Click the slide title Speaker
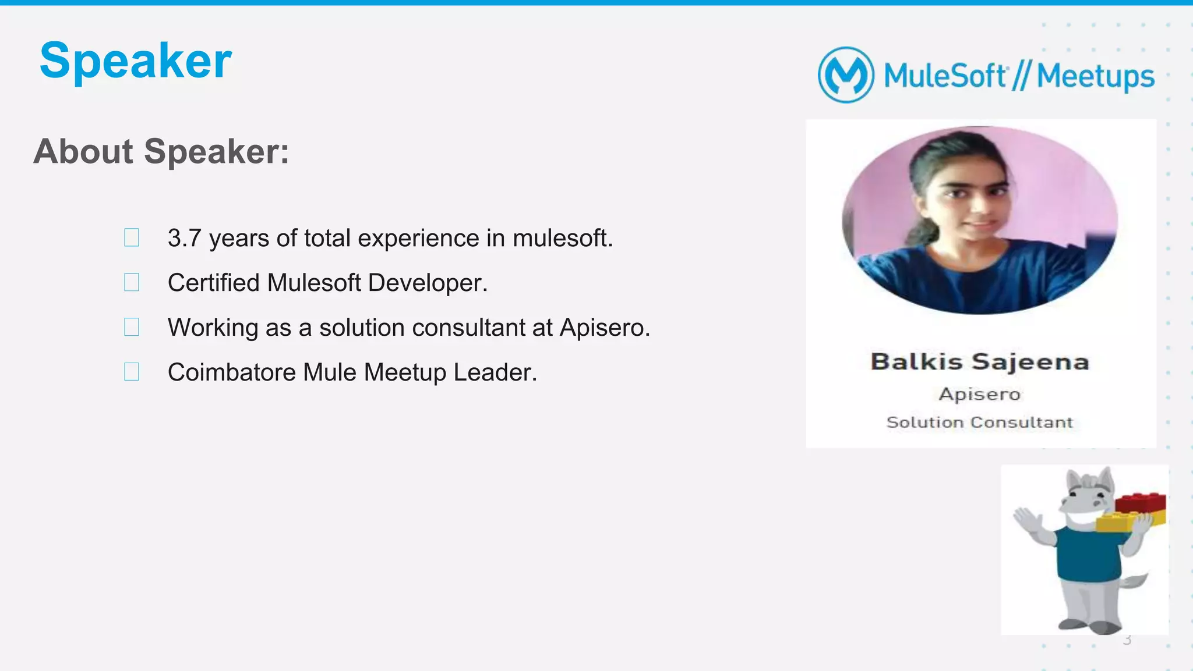point(135,61)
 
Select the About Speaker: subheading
point(161,151)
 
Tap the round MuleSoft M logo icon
point(846,75)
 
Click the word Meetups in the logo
point(1095,76)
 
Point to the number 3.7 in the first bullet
point(184,238)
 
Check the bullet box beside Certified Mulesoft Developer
point(132,282)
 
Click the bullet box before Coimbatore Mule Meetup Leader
point(132,372)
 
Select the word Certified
point(213,283)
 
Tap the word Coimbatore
point(231,372)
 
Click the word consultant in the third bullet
point(468,328)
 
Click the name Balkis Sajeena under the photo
point(980,361)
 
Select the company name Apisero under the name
point(980,394)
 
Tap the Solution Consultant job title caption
point(980,422)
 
